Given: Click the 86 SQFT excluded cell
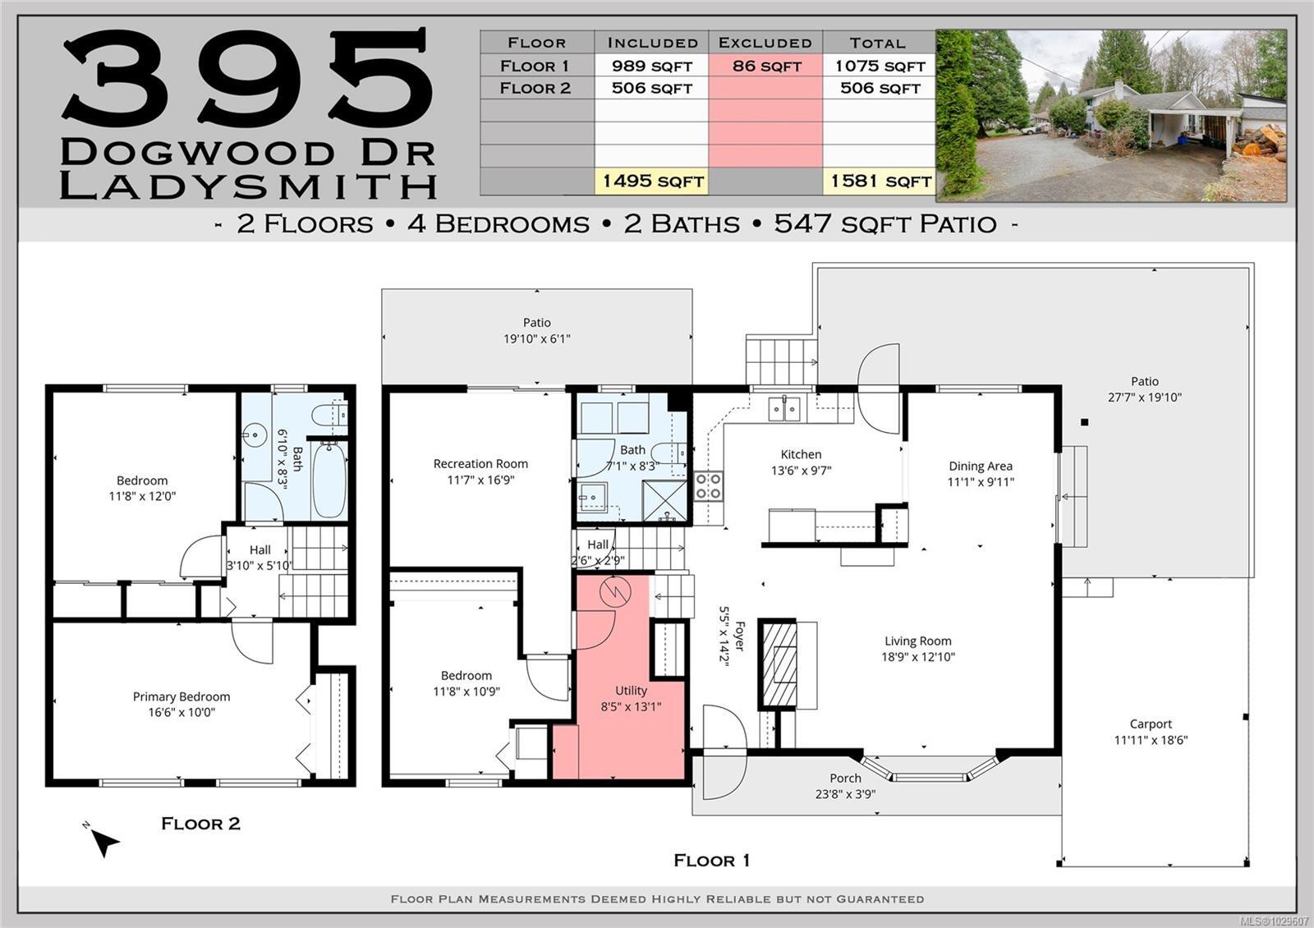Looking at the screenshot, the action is click(765, 66).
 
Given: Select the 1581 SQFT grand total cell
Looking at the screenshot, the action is click(880, 181).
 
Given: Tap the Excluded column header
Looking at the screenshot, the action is click(765, 42).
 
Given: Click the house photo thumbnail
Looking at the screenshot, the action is click(1111, 116).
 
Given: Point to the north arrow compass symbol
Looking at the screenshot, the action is click(103, 840).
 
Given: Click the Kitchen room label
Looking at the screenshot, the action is click(801, 454).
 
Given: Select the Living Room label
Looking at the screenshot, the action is click(918, 641).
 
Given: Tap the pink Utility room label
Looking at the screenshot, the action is click(632, 691).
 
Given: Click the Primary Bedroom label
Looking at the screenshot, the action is click(181, 696).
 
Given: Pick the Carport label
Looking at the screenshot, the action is click(1151, 724).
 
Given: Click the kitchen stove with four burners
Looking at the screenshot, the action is click(708, 486).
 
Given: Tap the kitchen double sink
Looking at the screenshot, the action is click(784, 409).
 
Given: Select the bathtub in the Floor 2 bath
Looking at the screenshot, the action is click(329, 480).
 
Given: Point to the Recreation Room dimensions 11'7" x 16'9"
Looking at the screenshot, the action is click(480, 480).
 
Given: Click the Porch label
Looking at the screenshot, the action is click(845, 778).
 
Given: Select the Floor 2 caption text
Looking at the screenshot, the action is click(200, 824).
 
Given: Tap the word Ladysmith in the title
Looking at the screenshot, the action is click(248, 186).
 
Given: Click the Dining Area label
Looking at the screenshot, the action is click(981, 466).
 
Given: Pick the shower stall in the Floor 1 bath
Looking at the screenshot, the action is click(665, 500).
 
